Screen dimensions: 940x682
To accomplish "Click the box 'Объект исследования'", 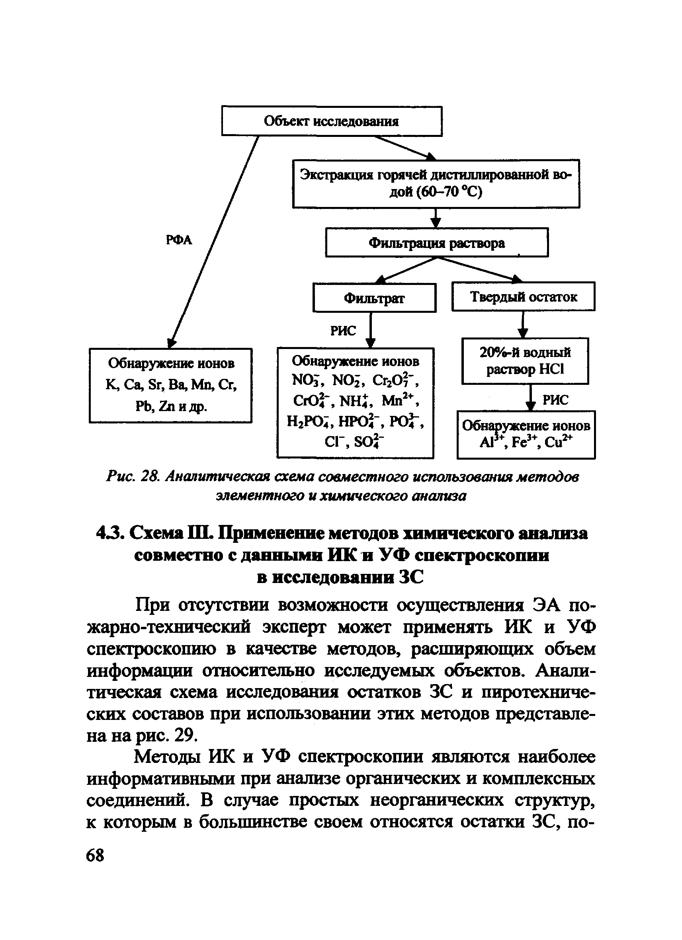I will [332, 121].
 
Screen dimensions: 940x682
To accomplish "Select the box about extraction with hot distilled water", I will [436, 183].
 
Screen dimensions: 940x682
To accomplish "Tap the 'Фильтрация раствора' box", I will [437, 242].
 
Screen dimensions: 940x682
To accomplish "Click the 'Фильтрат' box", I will [374, 298].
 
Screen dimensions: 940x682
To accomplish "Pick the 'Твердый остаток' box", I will [523, 296].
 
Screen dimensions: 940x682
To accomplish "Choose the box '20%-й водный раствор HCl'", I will [525, 361].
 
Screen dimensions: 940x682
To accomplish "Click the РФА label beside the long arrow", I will [179, 240].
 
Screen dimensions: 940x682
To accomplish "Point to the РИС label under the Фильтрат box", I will [343, 330].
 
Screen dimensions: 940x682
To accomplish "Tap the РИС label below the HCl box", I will [555, 400].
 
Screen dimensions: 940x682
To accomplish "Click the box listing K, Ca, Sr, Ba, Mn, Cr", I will [170, 385].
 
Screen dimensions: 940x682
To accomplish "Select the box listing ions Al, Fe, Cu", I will [526, 434].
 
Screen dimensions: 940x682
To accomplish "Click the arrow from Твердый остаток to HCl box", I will [523, 324].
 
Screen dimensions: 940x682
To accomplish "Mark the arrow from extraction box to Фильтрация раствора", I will [435, 218].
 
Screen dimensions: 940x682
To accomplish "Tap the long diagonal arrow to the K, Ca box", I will [215, 240].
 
